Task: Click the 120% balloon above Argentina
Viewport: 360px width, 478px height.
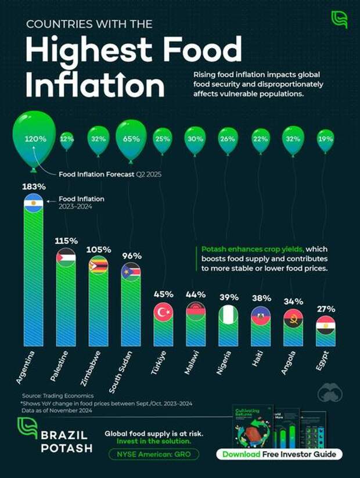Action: (35, 139)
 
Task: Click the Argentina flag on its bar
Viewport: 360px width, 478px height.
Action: (33, 203)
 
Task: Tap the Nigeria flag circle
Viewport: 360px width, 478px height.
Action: (228, 314)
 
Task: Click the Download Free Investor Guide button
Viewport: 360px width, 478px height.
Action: (280, 454)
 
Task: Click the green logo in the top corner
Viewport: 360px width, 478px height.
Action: (339, 19)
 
